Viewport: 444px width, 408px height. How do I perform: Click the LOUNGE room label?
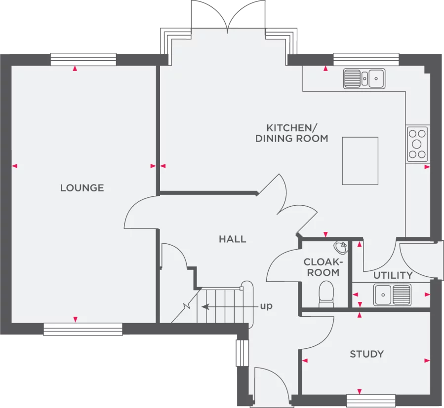(82, 188)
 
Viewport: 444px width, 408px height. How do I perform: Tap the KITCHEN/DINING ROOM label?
(291, 132)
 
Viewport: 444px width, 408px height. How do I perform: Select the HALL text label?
(232, 240)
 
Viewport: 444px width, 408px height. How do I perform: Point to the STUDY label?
(366, 354)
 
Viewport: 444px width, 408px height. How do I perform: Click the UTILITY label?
(393, 275)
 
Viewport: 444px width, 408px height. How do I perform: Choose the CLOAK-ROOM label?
(321, 267)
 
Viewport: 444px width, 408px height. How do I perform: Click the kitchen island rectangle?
(360, 161)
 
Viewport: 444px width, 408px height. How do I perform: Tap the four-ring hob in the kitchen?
(417, 144)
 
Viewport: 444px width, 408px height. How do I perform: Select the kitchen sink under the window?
(364, 78)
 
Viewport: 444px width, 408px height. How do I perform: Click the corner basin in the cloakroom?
(340, 246)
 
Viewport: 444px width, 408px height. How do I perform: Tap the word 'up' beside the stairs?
(266, 306)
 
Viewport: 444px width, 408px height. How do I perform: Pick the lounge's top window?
(84, 59)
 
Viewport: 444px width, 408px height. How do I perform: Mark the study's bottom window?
(371, 400)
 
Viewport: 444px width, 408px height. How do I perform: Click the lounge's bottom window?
(83, 329)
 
